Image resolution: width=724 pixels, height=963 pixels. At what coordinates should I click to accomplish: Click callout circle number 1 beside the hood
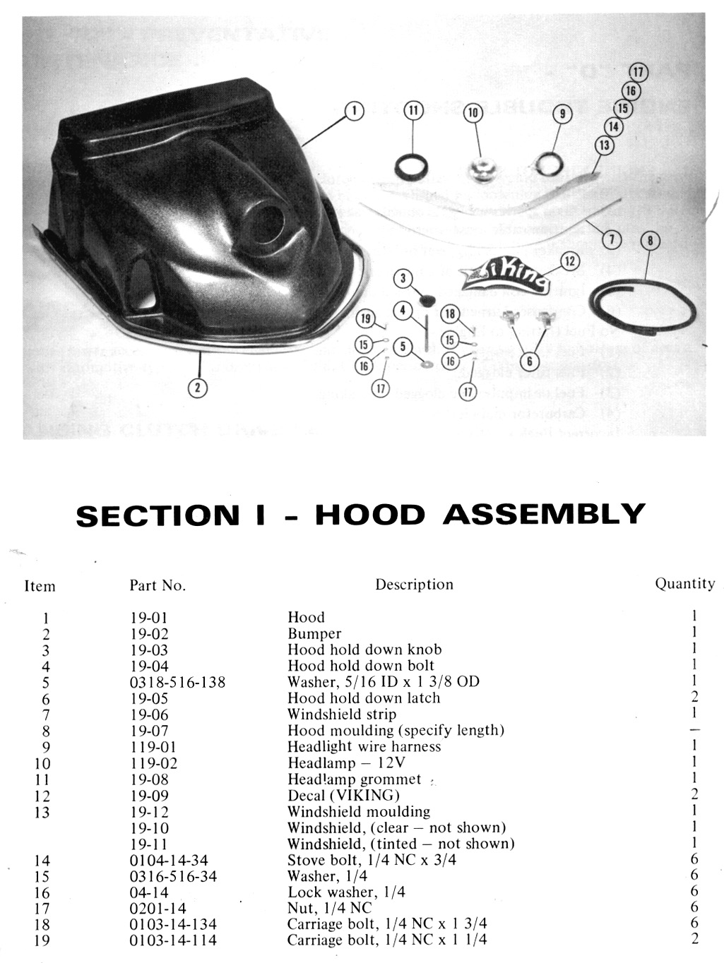(354, 110)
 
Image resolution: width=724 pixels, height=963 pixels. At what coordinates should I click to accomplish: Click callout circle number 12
(570, 261)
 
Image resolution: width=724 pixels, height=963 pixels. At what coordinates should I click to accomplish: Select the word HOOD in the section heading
(370, 515)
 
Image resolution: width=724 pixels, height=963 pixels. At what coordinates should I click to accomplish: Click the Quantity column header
(684, 583)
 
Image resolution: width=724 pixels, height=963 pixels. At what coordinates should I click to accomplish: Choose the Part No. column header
(157, 585)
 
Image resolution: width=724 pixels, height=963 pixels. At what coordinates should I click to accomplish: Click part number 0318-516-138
(177, 682)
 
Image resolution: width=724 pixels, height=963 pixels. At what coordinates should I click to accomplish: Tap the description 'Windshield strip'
(342, 714)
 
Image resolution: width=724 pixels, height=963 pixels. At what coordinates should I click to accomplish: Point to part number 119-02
(154, 763)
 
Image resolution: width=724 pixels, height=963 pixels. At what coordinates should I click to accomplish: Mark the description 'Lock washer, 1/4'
(346, 892)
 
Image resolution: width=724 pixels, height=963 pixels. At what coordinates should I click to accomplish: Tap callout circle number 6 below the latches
(525, 361)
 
